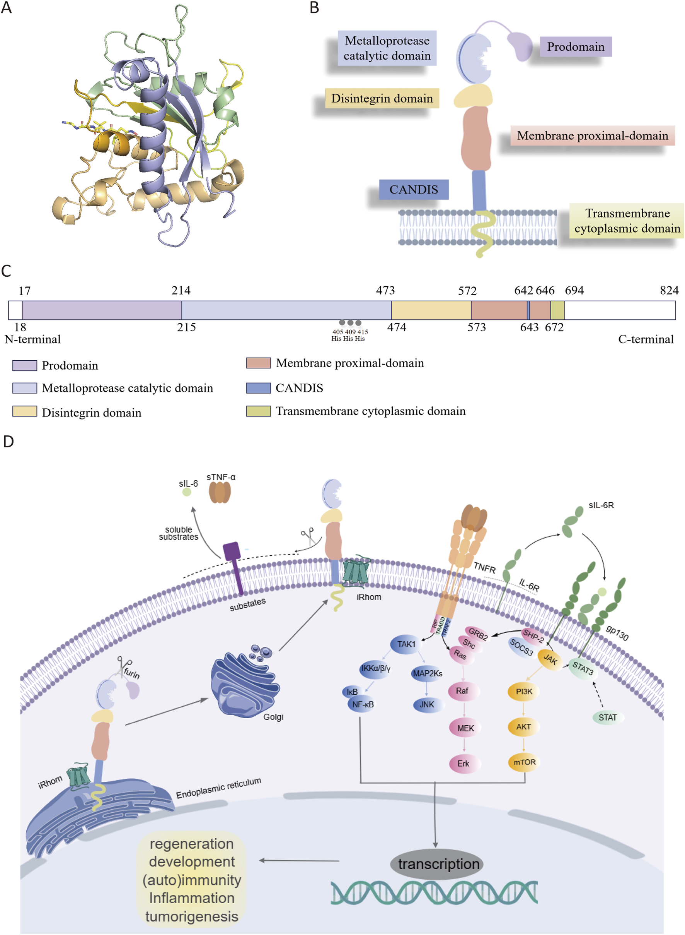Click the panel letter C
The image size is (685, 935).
click(6, 271)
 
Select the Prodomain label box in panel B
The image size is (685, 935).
click(576, 46)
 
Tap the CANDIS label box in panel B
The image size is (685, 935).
click(413, 190)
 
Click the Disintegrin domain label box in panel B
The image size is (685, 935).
click(382, 98)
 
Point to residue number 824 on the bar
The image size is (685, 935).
click(669, 291)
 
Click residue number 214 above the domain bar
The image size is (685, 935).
click(181, 291)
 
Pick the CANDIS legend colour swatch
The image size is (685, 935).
click(258, 388)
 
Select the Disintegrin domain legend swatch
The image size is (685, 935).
click(24, 411)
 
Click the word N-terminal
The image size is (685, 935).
click(32, 339)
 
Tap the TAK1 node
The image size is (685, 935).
click(406, 644)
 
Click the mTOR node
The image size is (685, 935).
click(525, 762)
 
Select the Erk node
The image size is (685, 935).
click(463, 764)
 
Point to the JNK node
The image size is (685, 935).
click(427, 705)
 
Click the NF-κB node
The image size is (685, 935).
click(363, 705)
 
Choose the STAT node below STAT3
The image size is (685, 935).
click(607, 718)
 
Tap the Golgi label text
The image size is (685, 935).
click(273, 717)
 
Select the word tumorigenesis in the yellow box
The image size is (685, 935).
click(192, 916)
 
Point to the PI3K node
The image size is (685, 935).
click(524, 692)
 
